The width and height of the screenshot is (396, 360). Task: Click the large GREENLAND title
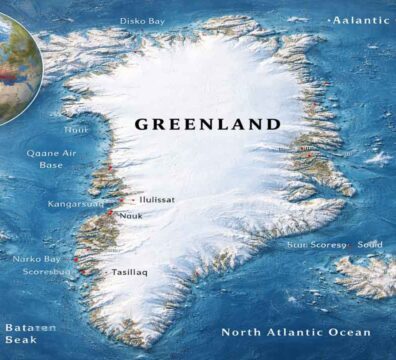(x=208, y=125)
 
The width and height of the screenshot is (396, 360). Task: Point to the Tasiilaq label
(x=132, y=271)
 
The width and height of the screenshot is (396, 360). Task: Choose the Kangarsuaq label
(x=75, y=204)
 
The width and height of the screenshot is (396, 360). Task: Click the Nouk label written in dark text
(x=131, y=216)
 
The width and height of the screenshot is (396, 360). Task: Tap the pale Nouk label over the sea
(x=77, y=130)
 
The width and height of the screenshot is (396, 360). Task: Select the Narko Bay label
(x=37, y=259)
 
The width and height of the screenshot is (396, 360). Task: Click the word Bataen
(x=29, y=328)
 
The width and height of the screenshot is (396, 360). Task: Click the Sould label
(x=369, y=244)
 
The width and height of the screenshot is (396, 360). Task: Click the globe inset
(x=14, y=65)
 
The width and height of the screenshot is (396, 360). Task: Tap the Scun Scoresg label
(x=315, y=244)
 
